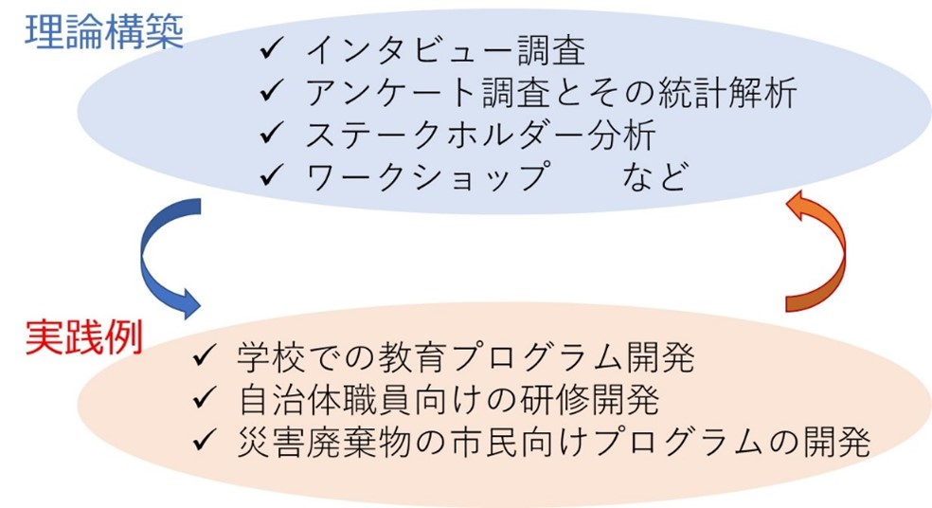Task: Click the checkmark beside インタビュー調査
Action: pyautogui.click(x=271, y=48)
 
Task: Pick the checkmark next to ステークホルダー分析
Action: pyautogui.click(x=271, y=133)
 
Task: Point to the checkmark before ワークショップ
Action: pyautogui.click(x=271, y=175)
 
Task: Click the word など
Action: pyautogui.click(x=655, y=176)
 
